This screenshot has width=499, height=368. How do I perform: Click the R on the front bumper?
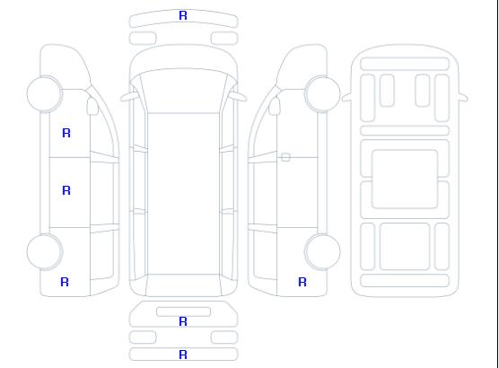click(183, 15)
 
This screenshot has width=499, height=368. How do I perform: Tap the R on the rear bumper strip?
click(183, 355)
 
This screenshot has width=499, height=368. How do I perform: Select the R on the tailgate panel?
click(183, 321)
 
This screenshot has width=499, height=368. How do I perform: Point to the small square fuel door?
click(285, 157)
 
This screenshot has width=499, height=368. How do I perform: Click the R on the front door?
click(66, 133)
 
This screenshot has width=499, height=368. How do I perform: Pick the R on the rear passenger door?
click(66, 190)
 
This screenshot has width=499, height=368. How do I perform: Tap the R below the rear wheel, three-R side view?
click(65, 282)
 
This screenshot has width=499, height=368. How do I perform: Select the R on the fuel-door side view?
click(302, 282)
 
